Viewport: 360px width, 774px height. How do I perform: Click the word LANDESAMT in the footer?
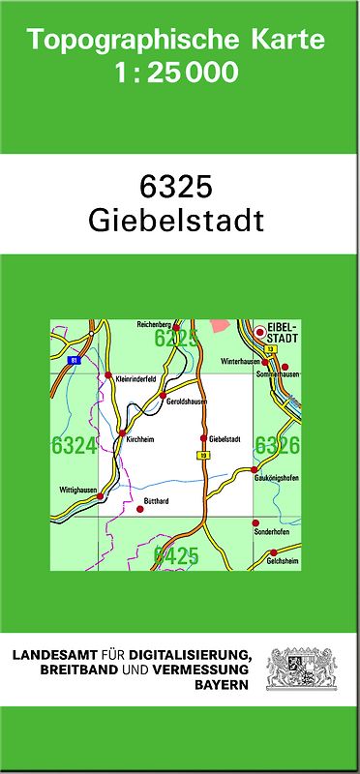57,655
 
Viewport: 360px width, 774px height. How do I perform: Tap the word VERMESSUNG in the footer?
206,670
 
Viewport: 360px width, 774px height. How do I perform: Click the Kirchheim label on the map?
139,439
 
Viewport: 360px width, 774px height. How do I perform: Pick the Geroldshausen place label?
187,402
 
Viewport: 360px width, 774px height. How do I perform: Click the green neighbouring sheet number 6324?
74,445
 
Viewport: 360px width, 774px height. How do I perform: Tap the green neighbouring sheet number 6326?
277,445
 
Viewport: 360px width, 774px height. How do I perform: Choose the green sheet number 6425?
175,555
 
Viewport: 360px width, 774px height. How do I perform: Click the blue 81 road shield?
74,360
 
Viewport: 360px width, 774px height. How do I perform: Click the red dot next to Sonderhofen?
255,522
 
